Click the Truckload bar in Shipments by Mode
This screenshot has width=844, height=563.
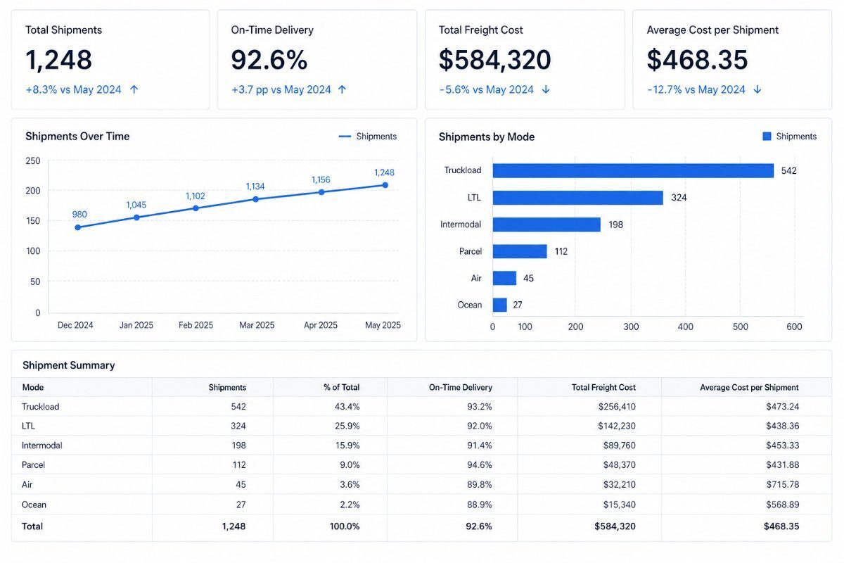pyautogui.click(x=633, y=170)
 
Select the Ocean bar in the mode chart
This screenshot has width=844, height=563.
pyautogui.click(x=499, y=305)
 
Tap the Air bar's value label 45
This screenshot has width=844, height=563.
pyautogui.click(x=528, y=278)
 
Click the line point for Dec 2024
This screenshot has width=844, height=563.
pyautogui.click(x=77, y=227)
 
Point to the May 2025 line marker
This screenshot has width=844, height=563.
pyautogui.click(x=385, y=185)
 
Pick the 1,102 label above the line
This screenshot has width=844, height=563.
pyautogui.click(x=196, y=196)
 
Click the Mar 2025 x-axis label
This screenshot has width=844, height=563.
pyautogui.click(x=257, y=325)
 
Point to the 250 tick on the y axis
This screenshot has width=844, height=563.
pyautogui.click(x=33, y=161)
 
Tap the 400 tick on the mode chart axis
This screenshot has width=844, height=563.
pyautogui.click(x=685, y=327)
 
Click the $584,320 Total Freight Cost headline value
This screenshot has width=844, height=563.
pyautogui.click(x=494, y=60)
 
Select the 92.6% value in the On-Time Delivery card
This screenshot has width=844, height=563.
pyautogui.click(x=269, y=60)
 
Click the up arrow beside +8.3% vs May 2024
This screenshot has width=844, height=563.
pyautogui.click(x=134, y=90)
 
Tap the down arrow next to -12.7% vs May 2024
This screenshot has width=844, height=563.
pyautogui.click(x=757, y=90)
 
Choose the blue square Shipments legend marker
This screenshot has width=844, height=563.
pyautogui.click(x=767, y=136)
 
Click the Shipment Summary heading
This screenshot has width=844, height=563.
pyautogui.click(x=69, y=365)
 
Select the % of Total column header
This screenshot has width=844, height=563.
pyautogui.click(x=341, y=387)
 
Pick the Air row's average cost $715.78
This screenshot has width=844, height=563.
pyautogui.click(x=783, y=484)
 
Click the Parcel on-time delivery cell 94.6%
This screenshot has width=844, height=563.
pyautogui.click(x=479, y=464)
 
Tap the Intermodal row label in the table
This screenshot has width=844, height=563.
pyautogui.click(x=41, y=445)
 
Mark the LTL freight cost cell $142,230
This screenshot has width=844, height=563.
pyautogui.click(x=616, y=426)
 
